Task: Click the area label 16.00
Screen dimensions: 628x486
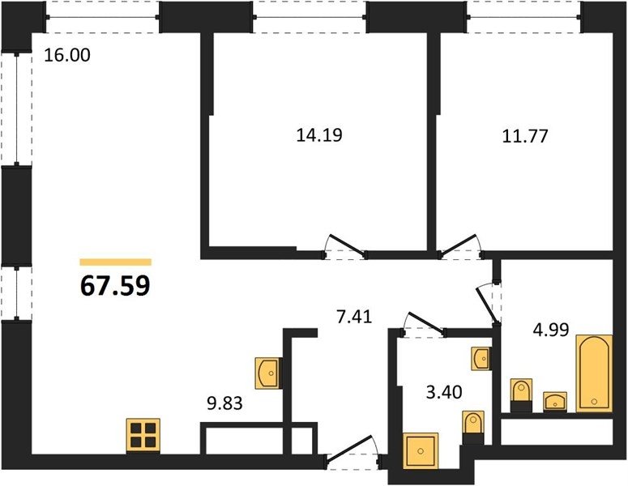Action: point(67,55)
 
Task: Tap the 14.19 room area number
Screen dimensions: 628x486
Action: point(319,135)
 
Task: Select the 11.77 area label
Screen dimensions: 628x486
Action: point(524,136)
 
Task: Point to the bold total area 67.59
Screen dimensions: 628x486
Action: point(115,286)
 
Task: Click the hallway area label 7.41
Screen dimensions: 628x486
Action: point(354,318)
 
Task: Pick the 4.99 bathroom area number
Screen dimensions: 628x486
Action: point(551,330)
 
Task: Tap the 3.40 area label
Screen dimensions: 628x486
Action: point(444,392)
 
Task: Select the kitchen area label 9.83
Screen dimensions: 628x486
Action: point(224,403)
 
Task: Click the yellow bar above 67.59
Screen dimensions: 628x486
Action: point(116,262)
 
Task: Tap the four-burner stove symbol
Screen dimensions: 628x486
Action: point(143,436)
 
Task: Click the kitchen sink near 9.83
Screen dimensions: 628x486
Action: point(267,373)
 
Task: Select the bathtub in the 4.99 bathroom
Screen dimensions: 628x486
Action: point(594,373)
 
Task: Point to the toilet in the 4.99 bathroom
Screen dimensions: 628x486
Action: point(521,395)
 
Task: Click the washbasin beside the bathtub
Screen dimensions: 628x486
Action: point(555,402)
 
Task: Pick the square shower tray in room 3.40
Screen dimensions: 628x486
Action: point(421,450)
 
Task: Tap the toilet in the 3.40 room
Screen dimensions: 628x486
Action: point(473,427)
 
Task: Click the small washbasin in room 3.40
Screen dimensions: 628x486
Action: point(481,358)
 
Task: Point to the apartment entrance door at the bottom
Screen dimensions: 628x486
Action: point(352,452)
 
